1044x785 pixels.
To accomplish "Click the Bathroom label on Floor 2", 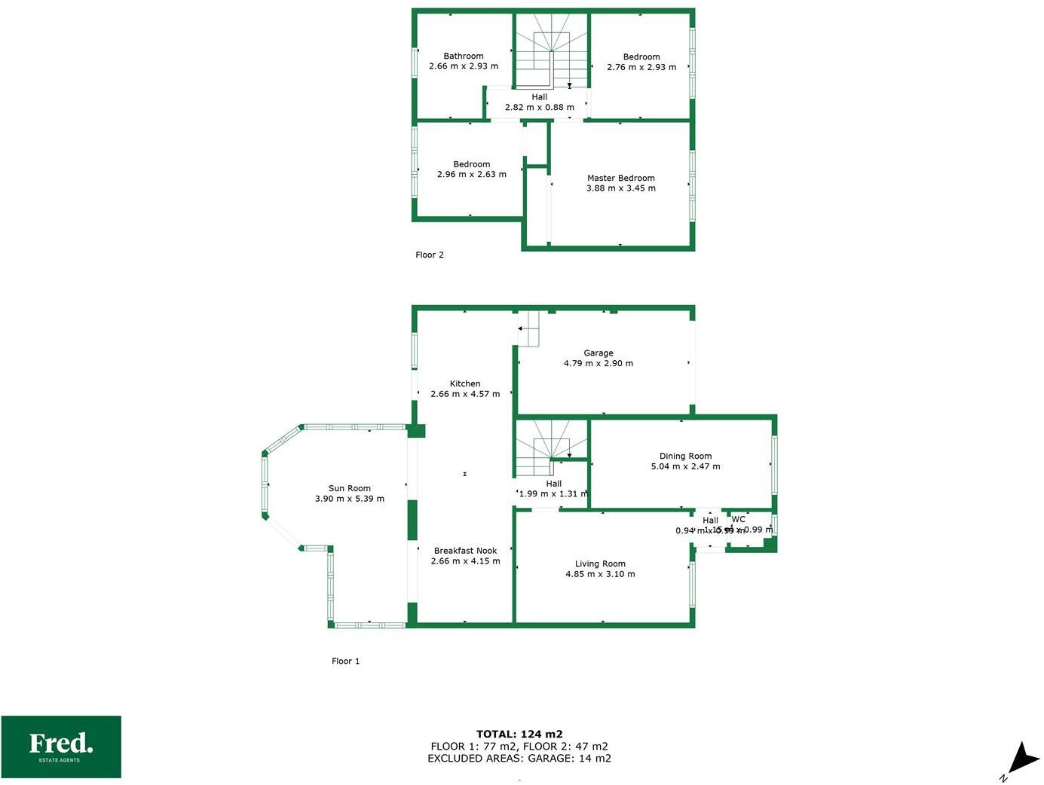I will (x=463, y=56).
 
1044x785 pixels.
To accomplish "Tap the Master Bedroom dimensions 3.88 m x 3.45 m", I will (x=620, y=188).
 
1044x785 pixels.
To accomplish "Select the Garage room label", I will (x=598, y=353).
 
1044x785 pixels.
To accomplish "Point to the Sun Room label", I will (x=349, y=488).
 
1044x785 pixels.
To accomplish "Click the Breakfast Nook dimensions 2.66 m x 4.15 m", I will (x=465, y=561).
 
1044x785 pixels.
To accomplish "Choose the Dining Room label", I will (x=685, y=456).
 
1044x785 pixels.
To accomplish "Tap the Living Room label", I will (x=600, y=564).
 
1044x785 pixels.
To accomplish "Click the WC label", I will (x=738, y=519).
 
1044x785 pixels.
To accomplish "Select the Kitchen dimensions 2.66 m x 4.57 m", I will (x=464, y=394).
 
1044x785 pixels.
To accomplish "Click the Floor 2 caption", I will (x=430, y=255).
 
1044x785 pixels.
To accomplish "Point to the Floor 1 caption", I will (x=345, y=661).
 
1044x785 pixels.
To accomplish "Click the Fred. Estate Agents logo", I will (x=61, y=747).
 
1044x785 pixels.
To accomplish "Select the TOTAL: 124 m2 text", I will (x=519, y=734).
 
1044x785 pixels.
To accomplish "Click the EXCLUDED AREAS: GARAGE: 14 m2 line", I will (x=519, y=759).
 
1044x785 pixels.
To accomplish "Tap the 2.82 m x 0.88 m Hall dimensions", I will (x=539, y=108).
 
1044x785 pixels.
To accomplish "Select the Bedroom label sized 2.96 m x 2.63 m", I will (x=471, y=164).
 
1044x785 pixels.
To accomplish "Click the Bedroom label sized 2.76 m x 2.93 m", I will (x=641, y=57).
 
